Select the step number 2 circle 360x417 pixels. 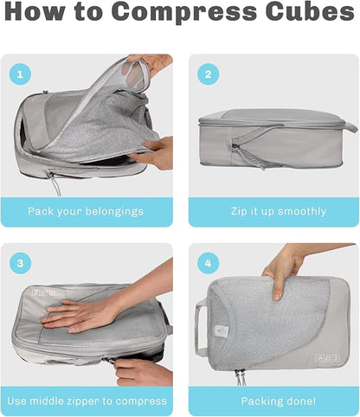(x=208, y=74)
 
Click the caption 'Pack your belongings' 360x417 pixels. (x=87, y=211)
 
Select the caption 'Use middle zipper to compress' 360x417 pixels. (x=87, y=401)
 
